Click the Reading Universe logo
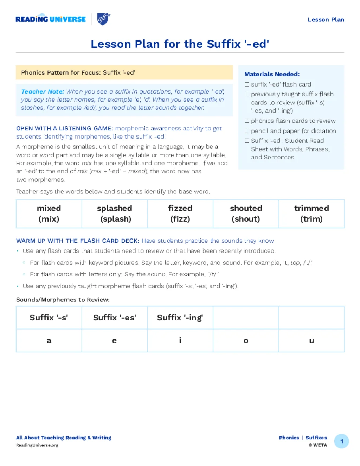click(51, 19)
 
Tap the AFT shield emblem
click(103, 19)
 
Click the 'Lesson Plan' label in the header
click(326, 20)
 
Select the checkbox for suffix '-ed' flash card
click(247, 84)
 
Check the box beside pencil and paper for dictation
click(247, 131)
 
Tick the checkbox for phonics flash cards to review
click(247, 121)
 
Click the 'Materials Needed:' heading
click(272, 74)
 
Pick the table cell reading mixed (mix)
click(49, 213)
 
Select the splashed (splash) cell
click(115, 213)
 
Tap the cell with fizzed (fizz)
click(180, 213)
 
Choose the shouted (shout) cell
click(246, 213)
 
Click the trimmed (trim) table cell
click(311, 213)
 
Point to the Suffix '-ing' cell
click(180, 318)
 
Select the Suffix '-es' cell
click(115, 318)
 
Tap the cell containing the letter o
click(246, 340)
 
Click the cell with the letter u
click(311, 340)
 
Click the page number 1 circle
click(341, 441)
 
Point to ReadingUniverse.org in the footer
click(37, 445)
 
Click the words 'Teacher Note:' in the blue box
click(43, 92)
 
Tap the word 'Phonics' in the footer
click(289, 438)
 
